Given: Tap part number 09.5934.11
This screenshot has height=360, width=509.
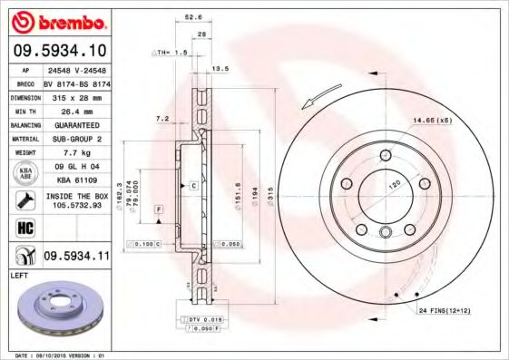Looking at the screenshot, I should pyautogui.click(x=77, y=257).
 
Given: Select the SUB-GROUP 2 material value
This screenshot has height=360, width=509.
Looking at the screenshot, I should pyautogui.click(x=76, y=139).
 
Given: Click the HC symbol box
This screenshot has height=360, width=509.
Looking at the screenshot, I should pyautogui.click(x=25, y=227).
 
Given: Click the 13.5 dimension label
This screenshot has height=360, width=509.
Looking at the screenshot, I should pyautogui.click(x=219, y=68).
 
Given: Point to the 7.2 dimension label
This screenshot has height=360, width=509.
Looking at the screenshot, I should pyautogui.click(x=163, y=118).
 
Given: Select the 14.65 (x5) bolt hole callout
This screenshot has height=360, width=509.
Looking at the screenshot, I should pyautogui.click(x=431, y=121).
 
